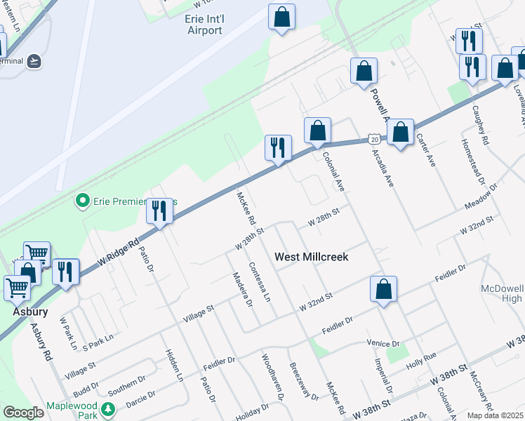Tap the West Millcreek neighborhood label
tap(311, 257)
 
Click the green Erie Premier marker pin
tap(82, 202)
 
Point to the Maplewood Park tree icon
tap(107, 409)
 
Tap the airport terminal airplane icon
tap(34, 61)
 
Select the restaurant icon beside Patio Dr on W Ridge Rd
tap(160, 211)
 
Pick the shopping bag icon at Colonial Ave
tap(317, 130)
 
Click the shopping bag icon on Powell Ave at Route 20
tap(400, 133)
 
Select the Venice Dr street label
tap(383, 343)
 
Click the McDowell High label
tap(502, 293)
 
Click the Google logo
tap(23, 412)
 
